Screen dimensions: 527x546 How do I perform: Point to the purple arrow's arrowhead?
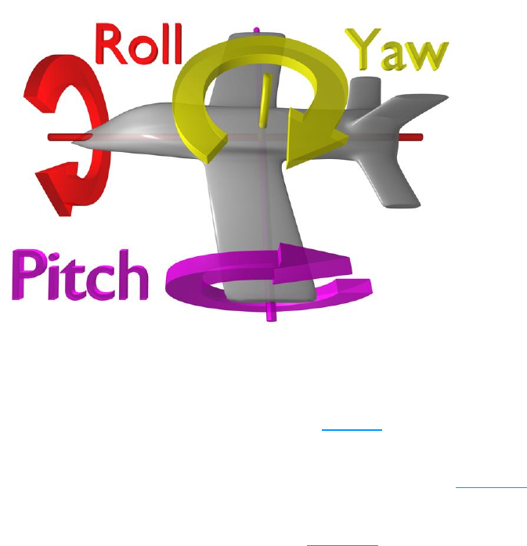[x=291, y=257]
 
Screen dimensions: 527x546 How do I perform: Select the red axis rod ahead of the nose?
[x=63, y=137]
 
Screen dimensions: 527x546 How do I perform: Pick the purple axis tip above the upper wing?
[x=258, y=31]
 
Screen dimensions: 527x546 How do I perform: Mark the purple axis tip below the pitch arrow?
[x=273, y=313]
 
